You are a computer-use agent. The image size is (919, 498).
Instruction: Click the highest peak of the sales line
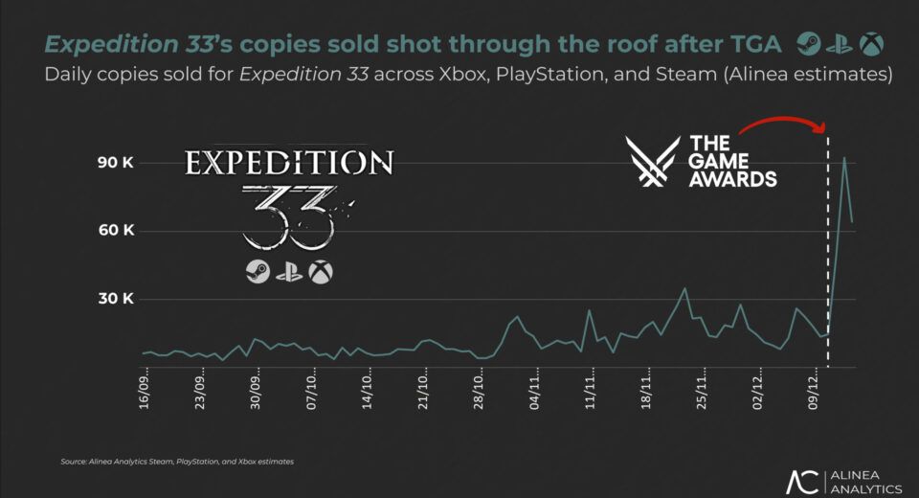[843, 158]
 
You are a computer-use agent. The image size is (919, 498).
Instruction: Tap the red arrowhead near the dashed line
[820, 127]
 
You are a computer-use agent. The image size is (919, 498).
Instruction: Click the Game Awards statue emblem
[652, 161]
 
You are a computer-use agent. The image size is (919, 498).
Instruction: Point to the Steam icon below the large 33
[256, 272]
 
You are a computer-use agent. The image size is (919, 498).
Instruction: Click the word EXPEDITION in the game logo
[287, 162]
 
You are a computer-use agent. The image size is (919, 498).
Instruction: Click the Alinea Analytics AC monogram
[801, 482]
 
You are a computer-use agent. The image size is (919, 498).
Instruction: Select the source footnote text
[177, 462]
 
